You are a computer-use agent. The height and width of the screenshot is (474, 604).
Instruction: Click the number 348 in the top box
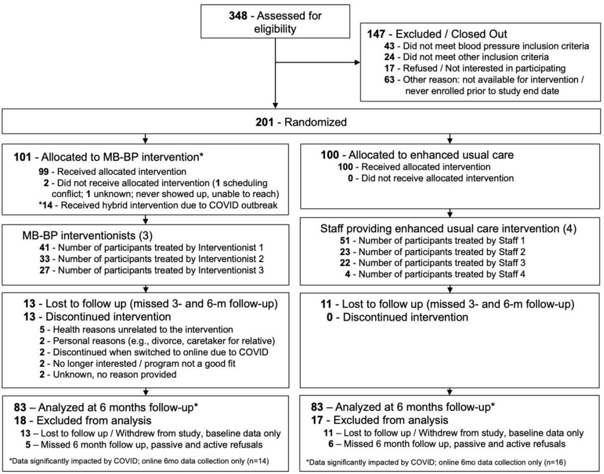click(238, 16)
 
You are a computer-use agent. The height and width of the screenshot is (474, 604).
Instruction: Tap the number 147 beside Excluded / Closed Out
click(376, 34)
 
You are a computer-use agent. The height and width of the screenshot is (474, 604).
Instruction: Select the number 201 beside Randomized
click(265, 122)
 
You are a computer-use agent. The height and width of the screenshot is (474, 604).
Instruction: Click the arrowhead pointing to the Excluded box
click(357, 62)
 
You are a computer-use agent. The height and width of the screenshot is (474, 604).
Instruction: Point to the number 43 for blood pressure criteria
click(389, 46)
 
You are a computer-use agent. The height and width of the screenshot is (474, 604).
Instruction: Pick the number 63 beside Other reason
click(389, 79)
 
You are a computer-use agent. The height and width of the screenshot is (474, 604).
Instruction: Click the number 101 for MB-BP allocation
click(23, 157)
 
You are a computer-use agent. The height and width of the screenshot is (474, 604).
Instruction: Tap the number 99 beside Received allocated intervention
click(43, 172)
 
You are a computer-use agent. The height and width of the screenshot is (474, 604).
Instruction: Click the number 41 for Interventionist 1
click(44, 248)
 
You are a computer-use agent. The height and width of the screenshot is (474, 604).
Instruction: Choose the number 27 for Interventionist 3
click(44, 270)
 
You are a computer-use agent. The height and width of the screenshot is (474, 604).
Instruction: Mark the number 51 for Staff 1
click(345, 241)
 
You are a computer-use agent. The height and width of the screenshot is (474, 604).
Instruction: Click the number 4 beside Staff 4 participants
click(347, 274)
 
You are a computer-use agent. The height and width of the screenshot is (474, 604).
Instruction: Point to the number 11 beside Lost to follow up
click(326, 304)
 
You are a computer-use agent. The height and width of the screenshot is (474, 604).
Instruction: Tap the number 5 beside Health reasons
click(42, 329)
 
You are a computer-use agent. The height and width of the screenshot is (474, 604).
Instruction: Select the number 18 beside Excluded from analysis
click(20, 421)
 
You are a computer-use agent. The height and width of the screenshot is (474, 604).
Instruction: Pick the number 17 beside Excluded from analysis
click(317, 420)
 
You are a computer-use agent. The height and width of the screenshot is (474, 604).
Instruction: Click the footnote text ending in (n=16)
click(436, 462)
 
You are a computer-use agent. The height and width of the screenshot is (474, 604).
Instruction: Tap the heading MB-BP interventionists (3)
click(88, 236)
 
